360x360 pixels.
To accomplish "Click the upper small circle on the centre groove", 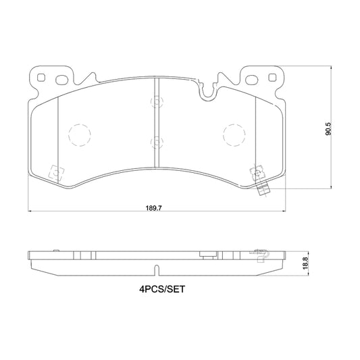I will (x=157, y=102).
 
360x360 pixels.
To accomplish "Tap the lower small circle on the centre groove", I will (x=157, y=141).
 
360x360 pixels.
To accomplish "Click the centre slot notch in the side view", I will (x=157, y=271).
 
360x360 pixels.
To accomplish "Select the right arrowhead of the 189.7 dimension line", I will (x=282, y=211).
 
